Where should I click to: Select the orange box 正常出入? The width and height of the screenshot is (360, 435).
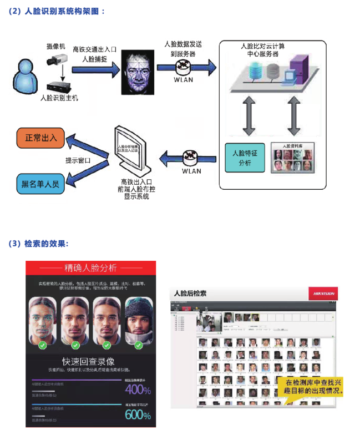(x=41, y=137)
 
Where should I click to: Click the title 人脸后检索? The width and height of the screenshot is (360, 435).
(x=190, y=293)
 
